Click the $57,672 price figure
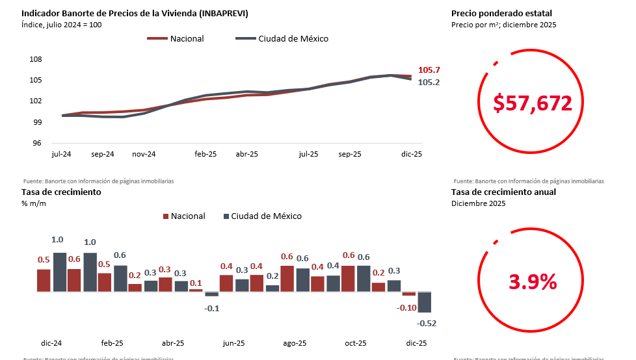[533, 103]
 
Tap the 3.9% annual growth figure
[533, 282]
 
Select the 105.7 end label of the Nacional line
[429, 70]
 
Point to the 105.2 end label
[429, 83]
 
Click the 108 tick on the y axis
[36, 59]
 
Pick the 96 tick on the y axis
[37, 144]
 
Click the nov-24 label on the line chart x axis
[144, 155]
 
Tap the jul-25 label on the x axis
[309, 155]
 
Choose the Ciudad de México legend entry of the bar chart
[266, 216]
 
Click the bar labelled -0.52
[425, 302]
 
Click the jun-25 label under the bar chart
[234, 343]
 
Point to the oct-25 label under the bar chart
[356, 343]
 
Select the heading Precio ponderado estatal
[501, 13]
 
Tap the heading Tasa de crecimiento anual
[503, 192]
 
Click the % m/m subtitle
[34, 203]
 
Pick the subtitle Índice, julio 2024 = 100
[62, 25]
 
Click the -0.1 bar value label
[212, 308]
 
